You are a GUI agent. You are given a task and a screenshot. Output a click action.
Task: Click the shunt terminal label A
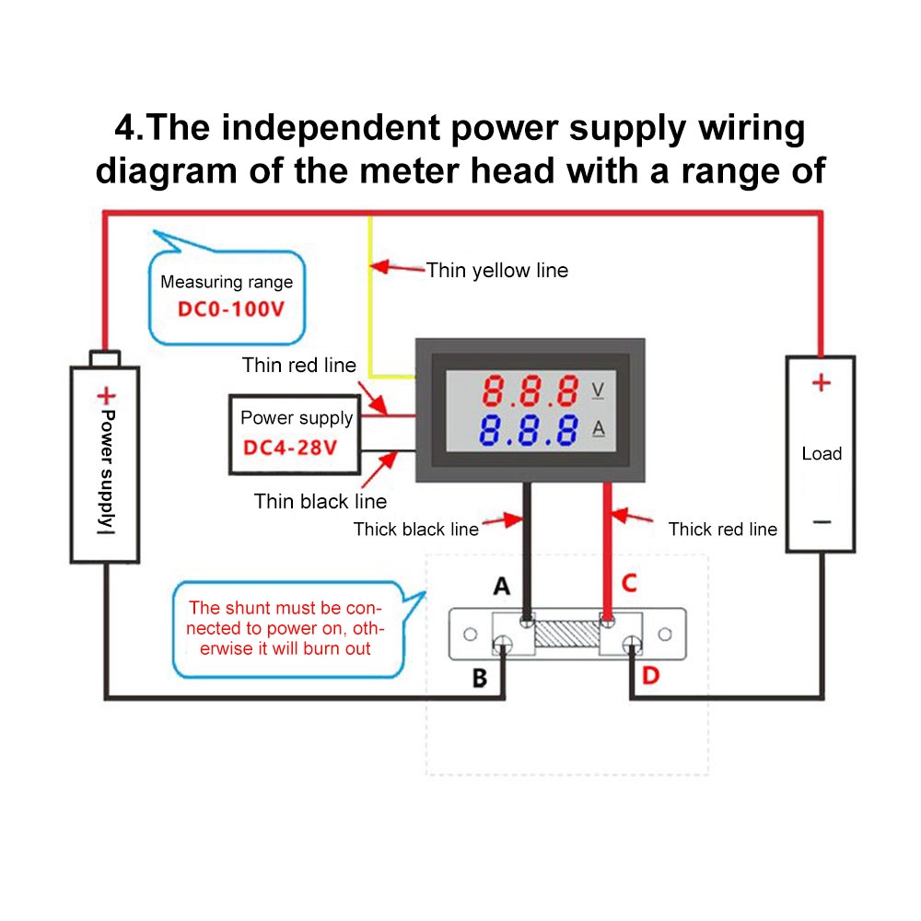pos(502,586)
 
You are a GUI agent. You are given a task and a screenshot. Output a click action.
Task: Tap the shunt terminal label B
pos(479,679)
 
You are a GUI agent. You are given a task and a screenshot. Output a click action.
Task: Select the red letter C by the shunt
pos(629,583)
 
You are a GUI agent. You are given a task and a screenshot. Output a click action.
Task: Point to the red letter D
pos(651,676)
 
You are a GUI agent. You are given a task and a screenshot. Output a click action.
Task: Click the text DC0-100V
pos(231,309)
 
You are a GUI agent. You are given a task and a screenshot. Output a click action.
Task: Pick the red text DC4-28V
pos(287,449)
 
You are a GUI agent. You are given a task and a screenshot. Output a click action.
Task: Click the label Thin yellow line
pos(497,271)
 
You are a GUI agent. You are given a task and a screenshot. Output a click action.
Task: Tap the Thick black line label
pos(416,530)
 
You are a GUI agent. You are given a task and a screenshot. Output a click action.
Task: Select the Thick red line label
pos(722,530)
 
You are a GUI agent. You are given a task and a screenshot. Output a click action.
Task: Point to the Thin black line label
pos(320,502)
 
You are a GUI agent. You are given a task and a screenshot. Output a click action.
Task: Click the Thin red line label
pos(298,366)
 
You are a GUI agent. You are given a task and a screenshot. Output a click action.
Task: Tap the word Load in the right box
pos(822,453)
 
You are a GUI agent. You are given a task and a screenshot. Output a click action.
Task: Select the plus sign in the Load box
pos(821,382)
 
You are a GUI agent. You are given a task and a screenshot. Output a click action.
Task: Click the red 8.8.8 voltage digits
pos(531,391)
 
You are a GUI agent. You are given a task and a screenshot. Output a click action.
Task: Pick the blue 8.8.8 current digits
pos(531,429)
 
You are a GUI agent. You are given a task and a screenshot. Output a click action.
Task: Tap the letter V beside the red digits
pos(598,391)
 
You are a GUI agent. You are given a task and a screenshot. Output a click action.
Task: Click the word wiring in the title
pos(749,127)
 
